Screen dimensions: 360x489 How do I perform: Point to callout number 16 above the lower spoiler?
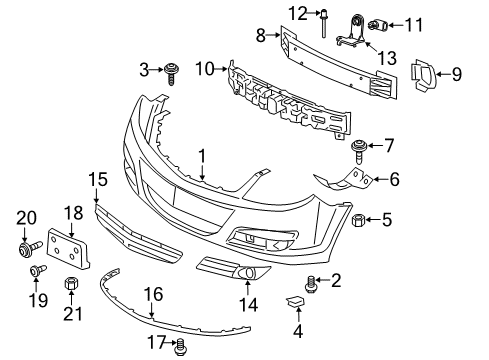tap(153, 295)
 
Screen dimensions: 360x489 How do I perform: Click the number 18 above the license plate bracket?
tap(72, 212)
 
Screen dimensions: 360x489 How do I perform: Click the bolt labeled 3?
tap(173, 71)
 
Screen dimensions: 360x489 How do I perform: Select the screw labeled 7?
tap(358, 153)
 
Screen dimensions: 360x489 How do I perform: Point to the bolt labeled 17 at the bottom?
tap(181, 345)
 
